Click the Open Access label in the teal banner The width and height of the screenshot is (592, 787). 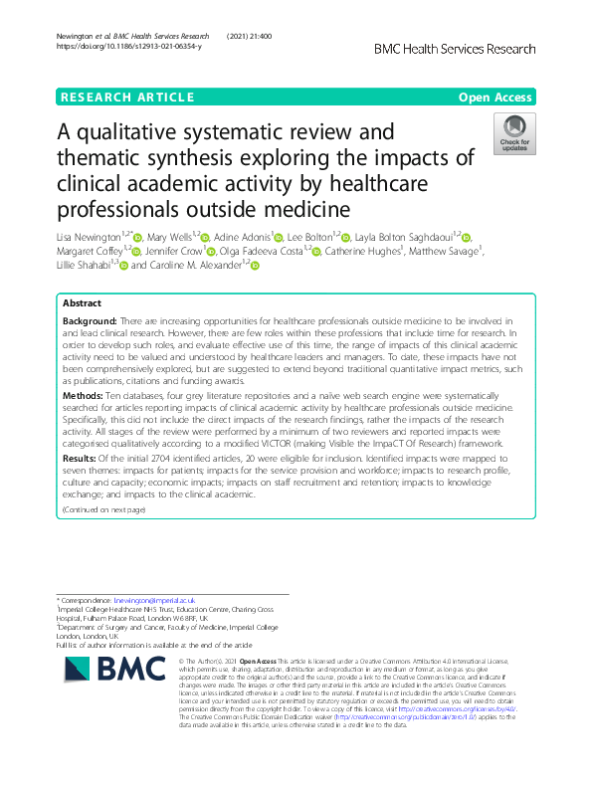pyautogui.click(x=493, y=97)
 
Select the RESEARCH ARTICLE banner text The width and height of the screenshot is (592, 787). pyautogui.click(x=126, y=97)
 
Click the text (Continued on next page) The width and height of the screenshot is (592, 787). pyautogui.click(x=103, y=510)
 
